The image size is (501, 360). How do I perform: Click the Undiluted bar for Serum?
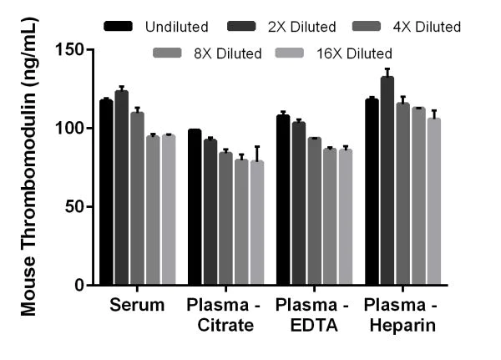click(x=106, y=192)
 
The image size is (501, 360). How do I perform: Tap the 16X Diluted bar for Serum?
click(x=169, y=210)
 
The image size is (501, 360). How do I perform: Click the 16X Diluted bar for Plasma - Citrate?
click(x=257, y=222)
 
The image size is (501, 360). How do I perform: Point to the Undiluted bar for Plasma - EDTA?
click(x=283, y=200)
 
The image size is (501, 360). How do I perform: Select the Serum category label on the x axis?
click(x=137, y=306)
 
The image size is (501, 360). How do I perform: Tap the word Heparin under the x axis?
click(x=408, y=325)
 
